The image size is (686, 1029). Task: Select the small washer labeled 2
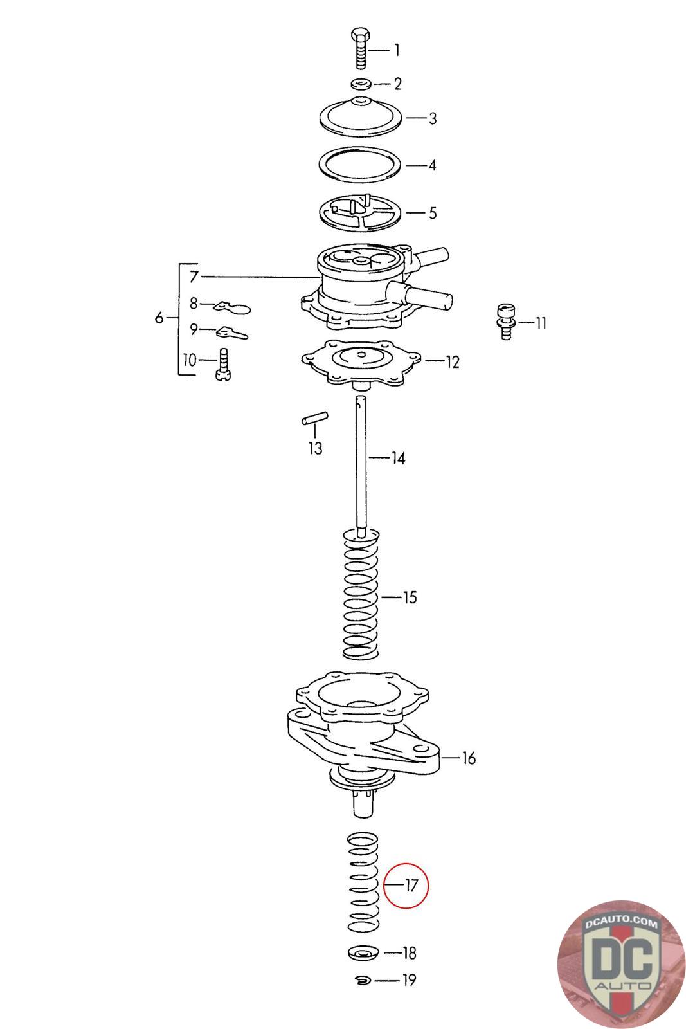(x=361, y=84)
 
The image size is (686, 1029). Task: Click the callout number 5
(x=433, y=213)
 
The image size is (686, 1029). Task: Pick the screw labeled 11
(x=505, y=321)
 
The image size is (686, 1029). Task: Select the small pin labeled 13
(x=315, y=419)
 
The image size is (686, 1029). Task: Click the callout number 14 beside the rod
(x=398, y=459)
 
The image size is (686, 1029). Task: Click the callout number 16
(x=469, y=758)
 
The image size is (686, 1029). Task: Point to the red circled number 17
(x=411, y=886)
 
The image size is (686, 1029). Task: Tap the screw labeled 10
(x=223, y=363)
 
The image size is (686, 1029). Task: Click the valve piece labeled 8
(x=231, y=307)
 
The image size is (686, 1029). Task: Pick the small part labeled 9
(x=230, y=333)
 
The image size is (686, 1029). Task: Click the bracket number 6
(x=159, y=318)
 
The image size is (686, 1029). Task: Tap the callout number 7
(x=194, y=277)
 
